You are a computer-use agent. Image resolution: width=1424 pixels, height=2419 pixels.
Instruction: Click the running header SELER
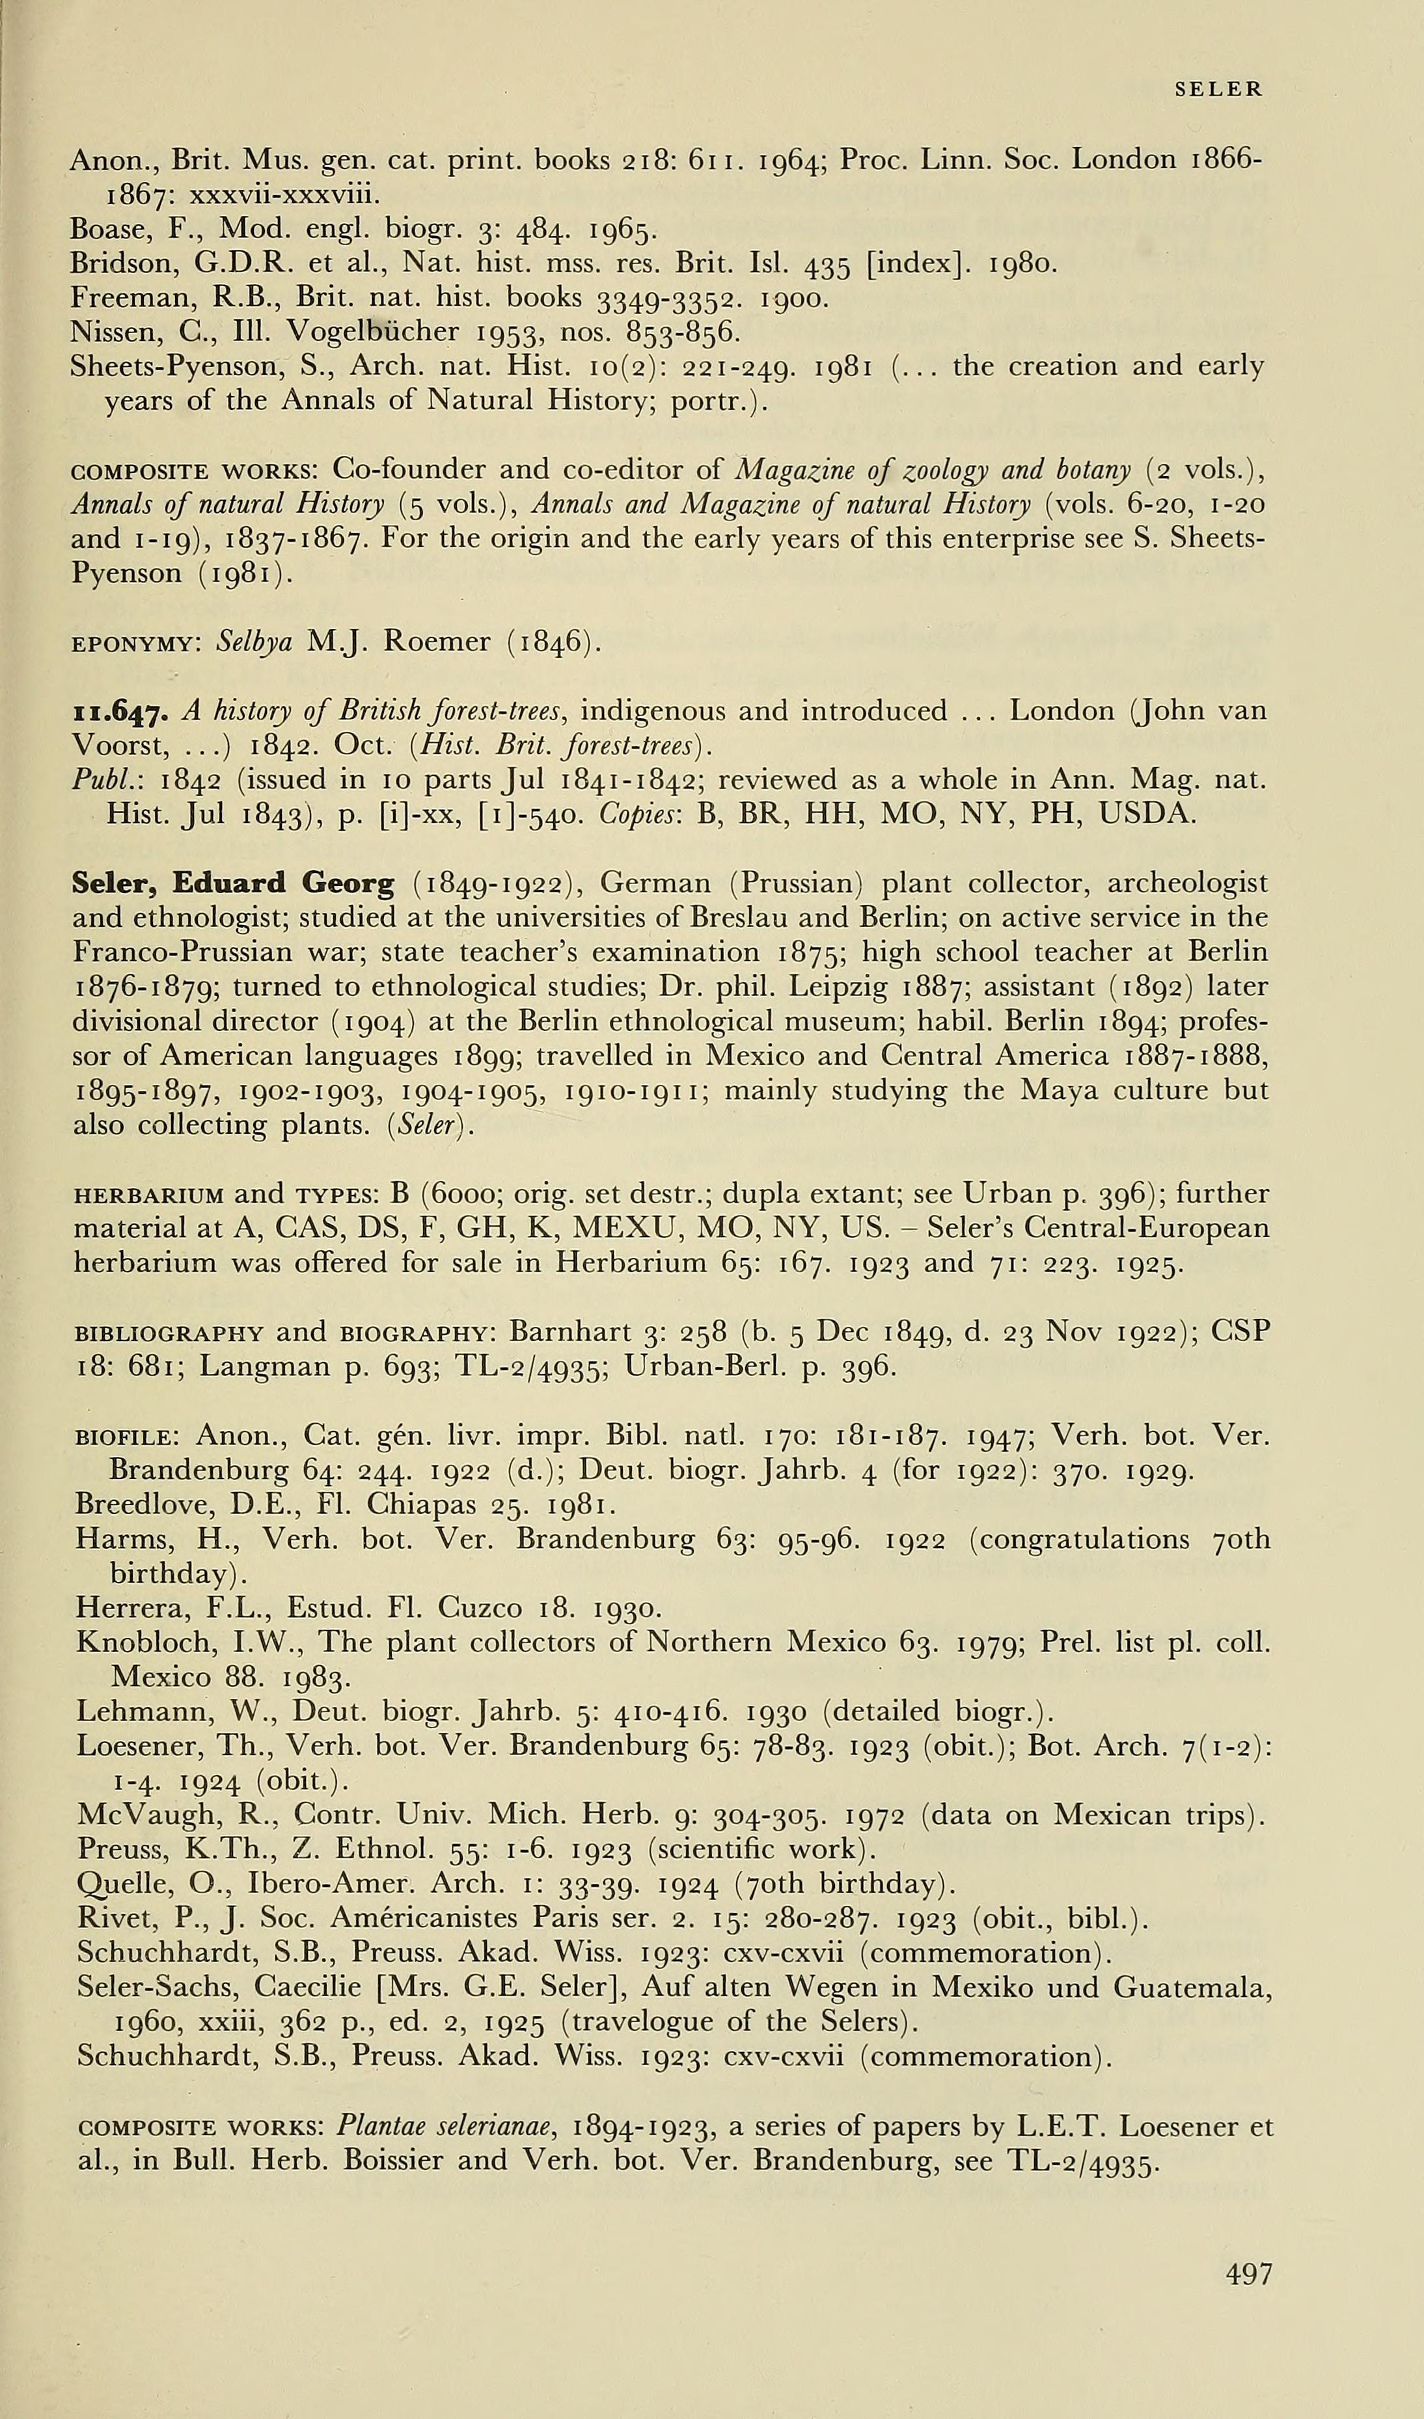point(1218,89)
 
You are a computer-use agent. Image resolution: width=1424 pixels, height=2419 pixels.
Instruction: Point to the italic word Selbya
point(254,641)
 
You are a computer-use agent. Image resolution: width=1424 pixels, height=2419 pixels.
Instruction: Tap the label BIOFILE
point(123,1437)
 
